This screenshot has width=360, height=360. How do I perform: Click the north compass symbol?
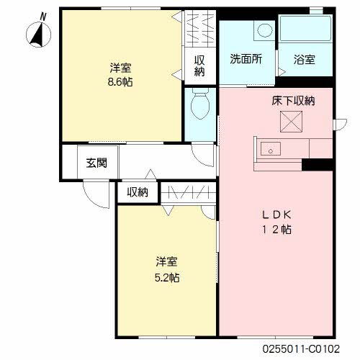(x=38, y=35)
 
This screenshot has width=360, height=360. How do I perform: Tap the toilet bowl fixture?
(x=200, y=103)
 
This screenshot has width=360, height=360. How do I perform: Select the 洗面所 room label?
(x=246, y=59)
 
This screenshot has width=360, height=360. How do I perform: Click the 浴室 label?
(x=305, y=60)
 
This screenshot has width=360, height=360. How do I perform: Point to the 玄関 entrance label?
(x=96, y=163)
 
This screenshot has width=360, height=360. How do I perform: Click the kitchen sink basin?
(x=271, y=148)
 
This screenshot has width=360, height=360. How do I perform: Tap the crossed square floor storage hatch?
(x=291, y=122)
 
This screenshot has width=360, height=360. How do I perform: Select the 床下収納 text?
(x=293, y=101)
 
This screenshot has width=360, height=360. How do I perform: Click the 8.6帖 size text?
(x=120, y=82)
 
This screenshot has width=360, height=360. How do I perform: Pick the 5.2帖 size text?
(x=167, y=278)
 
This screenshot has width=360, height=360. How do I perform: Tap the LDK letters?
(x=276, y=215)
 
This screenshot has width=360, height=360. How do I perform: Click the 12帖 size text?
(x=276, y=230)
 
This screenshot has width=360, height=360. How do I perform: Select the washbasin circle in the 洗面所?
(x=265, y=30)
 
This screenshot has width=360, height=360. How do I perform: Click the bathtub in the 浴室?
(x=305, y=29)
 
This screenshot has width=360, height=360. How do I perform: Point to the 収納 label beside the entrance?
(x=138, y=192)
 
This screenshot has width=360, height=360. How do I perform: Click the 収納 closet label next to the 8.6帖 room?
(x=199, y=66)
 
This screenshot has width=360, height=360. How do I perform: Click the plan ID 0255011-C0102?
(x=301, y=348)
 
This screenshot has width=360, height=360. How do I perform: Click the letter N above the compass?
(x=43, y=17)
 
